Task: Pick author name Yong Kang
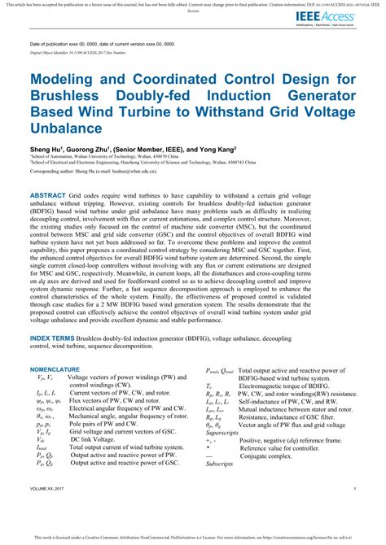pyautogui.click(x=218, y=150)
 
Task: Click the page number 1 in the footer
pyautogui.click(x=356, y=511)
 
